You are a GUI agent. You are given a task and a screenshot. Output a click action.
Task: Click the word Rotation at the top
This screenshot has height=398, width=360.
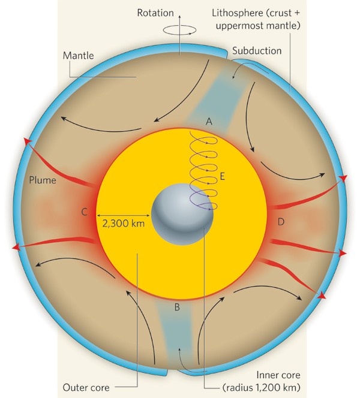(x=155, y=12)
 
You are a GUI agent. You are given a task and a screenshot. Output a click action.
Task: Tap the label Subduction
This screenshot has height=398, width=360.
(x=257, y=51)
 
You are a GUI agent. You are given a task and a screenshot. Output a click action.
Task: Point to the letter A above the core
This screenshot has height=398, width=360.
(x=208, y=121)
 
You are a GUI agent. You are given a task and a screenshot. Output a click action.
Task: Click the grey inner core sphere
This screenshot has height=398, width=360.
(x=182, y=215)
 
